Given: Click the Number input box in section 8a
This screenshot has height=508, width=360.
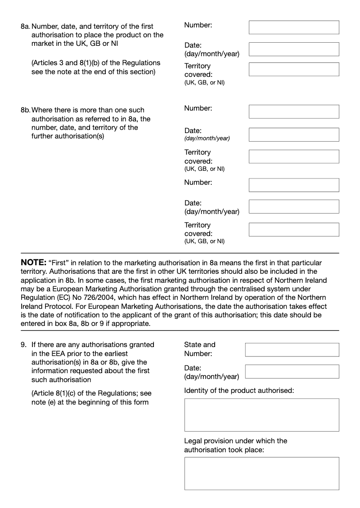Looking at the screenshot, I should tap(294, 27).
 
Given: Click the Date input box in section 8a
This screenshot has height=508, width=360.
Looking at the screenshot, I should tap(294, 49).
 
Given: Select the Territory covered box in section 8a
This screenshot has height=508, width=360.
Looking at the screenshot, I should tap(294, 69).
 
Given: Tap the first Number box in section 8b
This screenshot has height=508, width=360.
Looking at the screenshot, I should tap(294, 111).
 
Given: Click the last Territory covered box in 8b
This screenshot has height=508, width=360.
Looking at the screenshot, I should tap(294, 229).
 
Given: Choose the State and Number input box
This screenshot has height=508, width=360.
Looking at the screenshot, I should tap(292, 349).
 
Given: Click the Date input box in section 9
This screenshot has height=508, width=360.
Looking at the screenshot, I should tap(292, 371).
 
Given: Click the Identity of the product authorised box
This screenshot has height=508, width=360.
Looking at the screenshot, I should tap(261, 414).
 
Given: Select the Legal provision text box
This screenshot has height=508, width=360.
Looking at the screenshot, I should tap(261, 473).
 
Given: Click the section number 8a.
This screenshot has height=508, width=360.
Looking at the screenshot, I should tap(25, 27).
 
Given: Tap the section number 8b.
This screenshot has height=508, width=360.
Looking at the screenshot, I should tap(25, 110).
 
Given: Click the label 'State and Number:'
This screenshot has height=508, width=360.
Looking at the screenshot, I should tap(200, 349).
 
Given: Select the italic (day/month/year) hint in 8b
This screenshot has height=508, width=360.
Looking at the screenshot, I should tap(207, 138).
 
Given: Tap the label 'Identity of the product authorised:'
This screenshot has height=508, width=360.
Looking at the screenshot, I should tap(239, 390).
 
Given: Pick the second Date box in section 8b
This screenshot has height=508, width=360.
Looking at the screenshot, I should tap(294, 206).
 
